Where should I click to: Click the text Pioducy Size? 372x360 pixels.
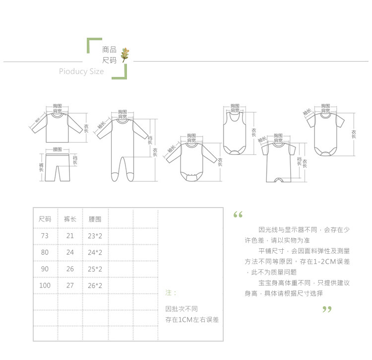pyautogui.click(x=81, y=72)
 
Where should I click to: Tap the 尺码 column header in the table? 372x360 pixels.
pyautogui.click(x=45, y=219)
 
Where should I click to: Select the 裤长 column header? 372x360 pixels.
pyautogui.click(x=70, y=219)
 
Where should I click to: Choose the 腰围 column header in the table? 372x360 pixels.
pyautogui.click(x=95, y=219)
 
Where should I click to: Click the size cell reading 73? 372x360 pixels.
pyautogui.click(x=45, y=236)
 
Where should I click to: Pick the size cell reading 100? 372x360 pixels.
pyautogui.click(x=45, y=286)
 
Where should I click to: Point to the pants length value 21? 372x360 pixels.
pyautogui.click(x=70, y=236)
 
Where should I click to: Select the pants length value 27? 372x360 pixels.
pyautogui.click(x=70, y=286)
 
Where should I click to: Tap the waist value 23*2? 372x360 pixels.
pyautogui.click(x=95, y=236)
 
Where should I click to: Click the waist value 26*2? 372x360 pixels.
pyautogui.click(x=95, y=286)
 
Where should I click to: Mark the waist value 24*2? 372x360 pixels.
pyautogui.click(x=95, y=252)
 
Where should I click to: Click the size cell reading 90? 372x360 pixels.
pyautogui.click(x=45, y=269)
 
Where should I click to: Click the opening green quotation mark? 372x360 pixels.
pyautogui.click(x=238, y=215)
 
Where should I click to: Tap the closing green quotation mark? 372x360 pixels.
pyautogui.click(x=326, y=309)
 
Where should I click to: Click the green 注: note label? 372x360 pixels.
pyautogui.click(x=170, y=293)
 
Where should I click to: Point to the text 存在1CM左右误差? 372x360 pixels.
pyautogui.click(x=192, y=320)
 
